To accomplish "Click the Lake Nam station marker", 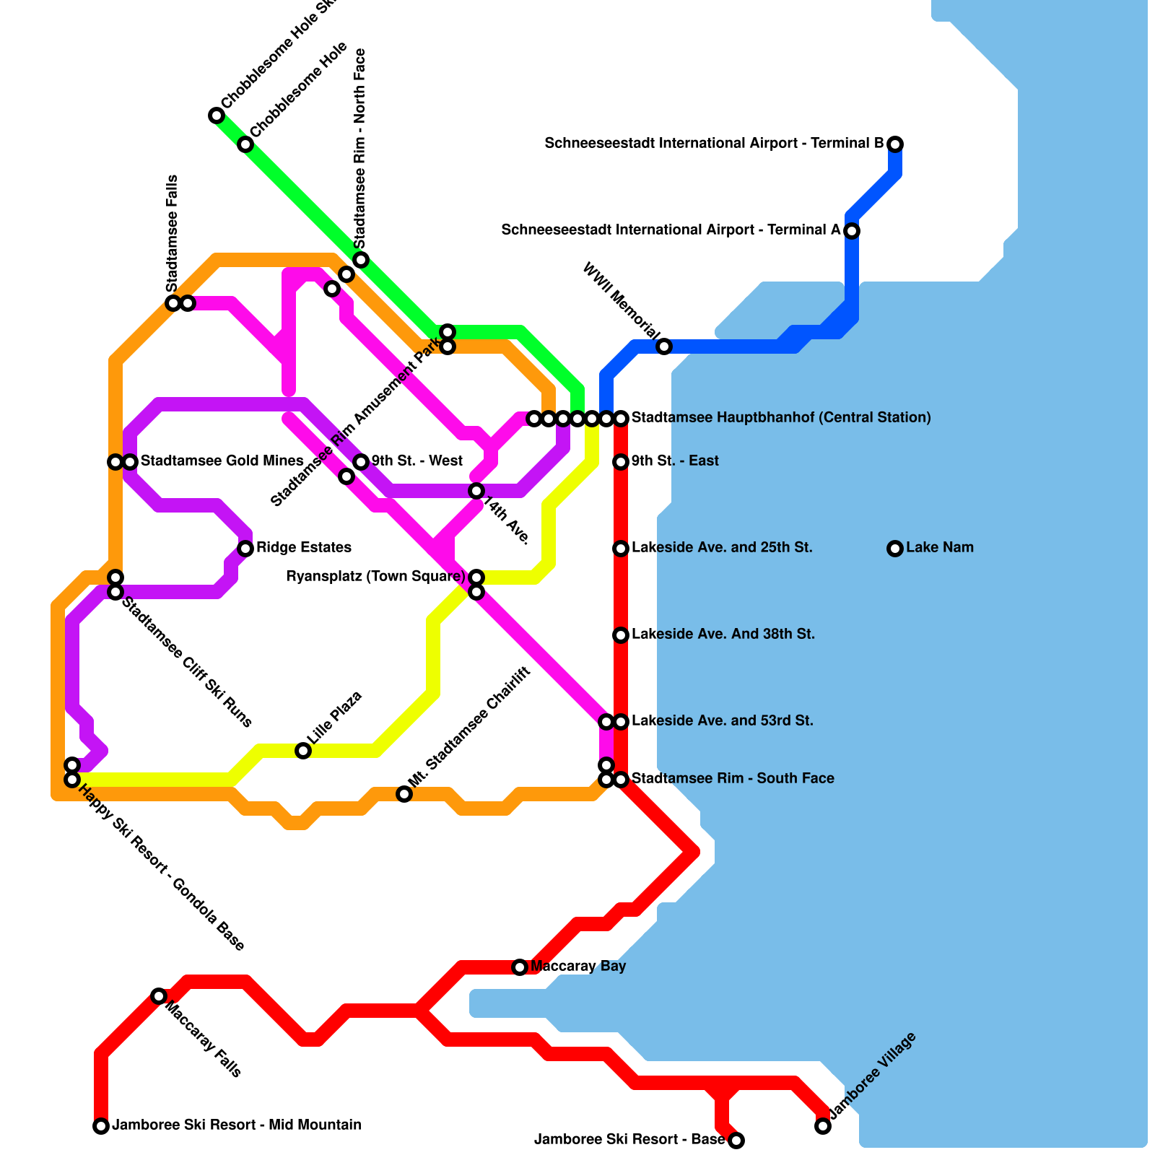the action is (x=895, y=549).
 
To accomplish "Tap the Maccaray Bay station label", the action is (x=577, y=967).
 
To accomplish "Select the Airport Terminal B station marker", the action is (x=895, y=144).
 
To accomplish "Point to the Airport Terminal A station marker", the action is (x=852, y=231).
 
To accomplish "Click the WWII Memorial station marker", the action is (x=664, y=346).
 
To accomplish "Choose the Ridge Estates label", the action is (x=304, y=548).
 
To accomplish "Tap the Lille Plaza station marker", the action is (x=303, y=751).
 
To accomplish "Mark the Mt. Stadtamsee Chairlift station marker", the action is (x=404, y=794).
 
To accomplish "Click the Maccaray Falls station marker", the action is (x=159, y=996).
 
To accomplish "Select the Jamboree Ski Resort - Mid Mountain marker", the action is (x=101, y=1126).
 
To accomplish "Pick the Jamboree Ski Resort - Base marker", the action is (x=736, y=1141).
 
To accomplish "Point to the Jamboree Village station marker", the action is (x=823, y=1126).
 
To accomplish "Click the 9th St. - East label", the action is (x=675, y=461).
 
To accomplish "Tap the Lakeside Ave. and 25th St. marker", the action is (x=621, y=549).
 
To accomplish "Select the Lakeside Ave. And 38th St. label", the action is (x=723, y=635).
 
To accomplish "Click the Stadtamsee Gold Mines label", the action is (x=222, y=461).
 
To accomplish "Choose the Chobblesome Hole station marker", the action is (x=245, y=144).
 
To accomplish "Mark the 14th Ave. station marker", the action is (x=476, y=491).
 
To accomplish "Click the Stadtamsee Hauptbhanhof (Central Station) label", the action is (x=781, y=418).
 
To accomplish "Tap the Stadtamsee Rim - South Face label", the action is (x=733, y=779).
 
